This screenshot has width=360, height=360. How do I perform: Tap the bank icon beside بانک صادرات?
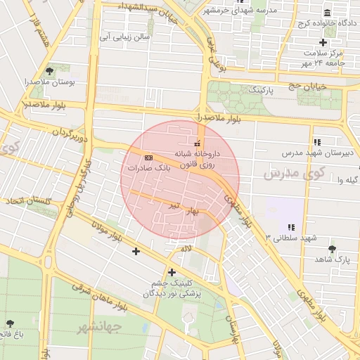[x=148, y=157]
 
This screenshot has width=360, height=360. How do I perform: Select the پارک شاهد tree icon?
[x=332, y=248]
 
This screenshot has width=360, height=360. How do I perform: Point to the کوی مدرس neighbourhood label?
[x=293, y=172]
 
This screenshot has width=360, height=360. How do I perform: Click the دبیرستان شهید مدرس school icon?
[x=317, y=141]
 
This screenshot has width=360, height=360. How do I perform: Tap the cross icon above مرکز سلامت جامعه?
[x=323, y=42]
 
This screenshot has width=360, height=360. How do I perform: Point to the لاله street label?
[x=186, y=248]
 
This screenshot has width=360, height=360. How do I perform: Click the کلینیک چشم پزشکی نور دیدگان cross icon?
[x=172, y=272]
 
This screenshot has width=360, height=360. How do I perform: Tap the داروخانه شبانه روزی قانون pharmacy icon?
[x=197, y=143]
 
